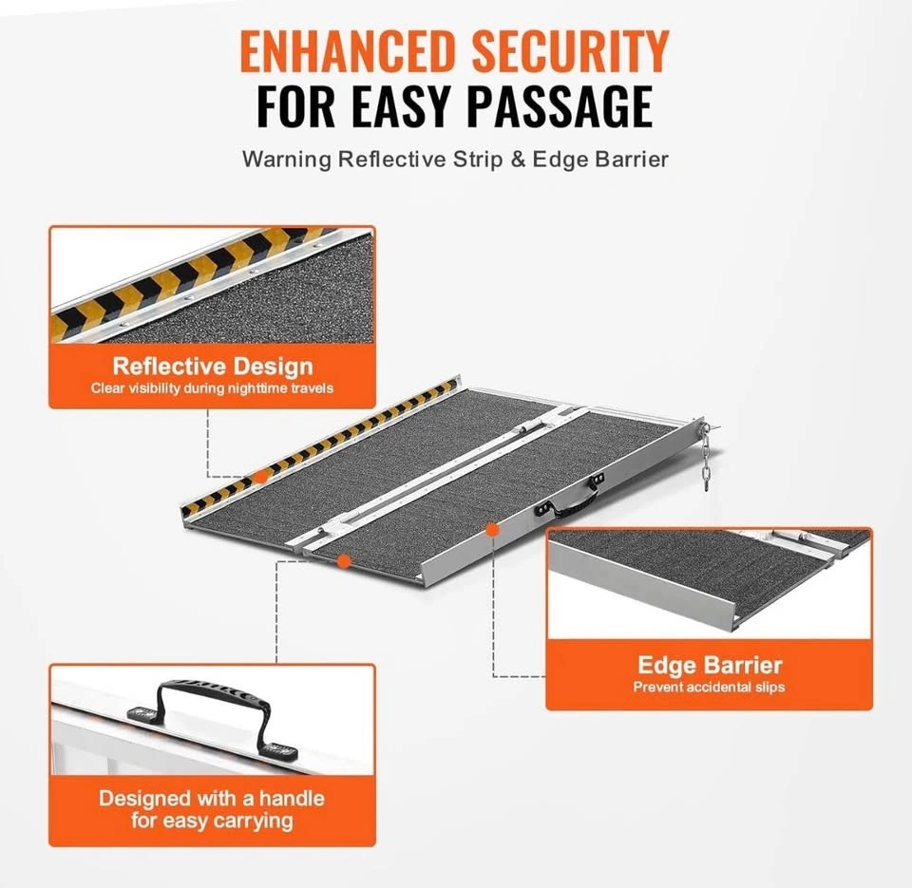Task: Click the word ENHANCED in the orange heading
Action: tap(347, 50)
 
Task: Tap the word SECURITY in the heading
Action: tap(570, 50)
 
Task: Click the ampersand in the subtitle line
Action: tap(518, 159)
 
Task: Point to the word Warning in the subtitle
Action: tap(287, 160)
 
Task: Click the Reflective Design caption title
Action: tap(213, 367)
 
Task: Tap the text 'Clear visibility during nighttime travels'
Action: tap(212, 388)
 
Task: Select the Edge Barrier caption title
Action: tap(710, 665)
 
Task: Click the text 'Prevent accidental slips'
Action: tap(709, 687)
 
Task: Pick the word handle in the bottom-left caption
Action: tap(292, 798)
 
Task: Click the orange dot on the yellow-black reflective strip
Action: tap(262, 477)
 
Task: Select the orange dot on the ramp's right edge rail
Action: tap(492, 529)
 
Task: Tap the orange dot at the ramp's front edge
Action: tap(344, 561)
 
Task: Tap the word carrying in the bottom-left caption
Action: tap(253, 822)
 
